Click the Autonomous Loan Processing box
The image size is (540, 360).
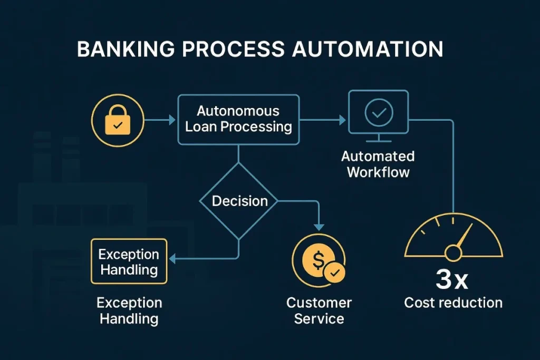(238, 120)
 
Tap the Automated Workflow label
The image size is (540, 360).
(378, 164)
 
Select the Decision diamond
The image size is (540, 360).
(239, 201)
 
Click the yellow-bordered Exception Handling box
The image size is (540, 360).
(129, 262)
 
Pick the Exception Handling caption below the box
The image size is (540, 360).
(129, 311)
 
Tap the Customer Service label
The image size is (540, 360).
(319, 311)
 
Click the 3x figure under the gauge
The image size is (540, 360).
(452, 280)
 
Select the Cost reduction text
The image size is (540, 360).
(453, 303)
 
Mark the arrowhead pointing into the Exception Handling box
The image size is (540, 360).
(172, 258)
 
